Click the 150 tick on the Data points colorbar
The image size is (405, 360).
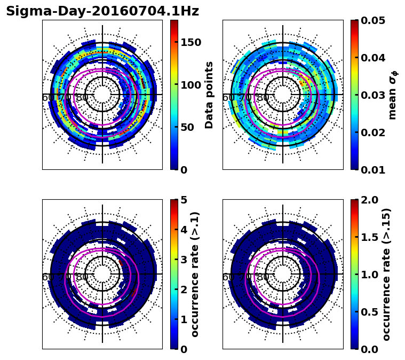pos(190,42)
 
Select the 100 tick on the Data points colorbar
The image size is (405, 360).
pos(190,85)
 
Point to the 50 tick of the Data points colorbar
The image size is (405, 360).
pos(187,127)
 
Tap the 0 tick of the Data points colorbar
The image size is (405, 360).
pos(184,170)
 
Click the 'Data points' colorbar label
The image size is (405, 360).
pos(209,95)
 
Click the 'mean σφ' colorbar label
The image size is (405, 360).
pos(393,95)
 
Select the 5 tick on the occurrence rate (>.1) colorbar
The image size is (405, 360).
pos(184,200)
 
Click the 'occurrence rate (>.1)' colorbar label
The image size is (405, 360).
pos(195,275)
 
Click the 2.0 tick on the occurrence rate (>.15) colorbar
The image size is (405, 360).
pos(371,200)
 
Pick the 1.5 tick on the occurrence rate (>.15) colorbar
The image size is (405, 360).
pos(371,237)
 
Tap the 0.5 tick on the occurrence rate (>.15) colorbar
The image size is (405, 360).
pos(371,312)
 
